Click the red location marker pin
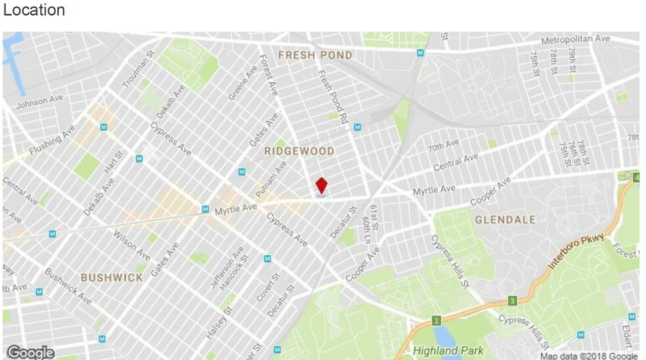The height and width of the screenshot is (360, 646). (x=321, y=185)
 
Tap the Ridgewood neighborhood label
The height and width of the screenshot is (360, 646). (x=299, y=152)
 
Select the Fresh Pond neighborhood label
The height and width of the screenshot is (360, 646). (x=315, y=55)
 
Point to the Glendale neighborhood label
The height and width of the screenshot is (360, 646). (x=506, y=219)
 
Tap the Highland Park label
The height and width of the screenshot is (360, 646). (x=448, y=351)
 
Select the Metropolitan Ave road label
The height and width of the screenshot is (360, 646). (x=575, y=40)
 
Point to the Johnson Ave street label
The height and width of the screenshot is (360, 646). (x=39, y=102)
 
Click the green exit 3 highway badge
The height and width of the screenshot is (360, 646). (x=512, y=302)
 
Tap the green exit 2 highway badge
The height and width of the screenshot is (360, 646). (x=435, y=321)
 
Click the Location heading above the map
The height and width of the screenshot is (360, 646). (x=34, y=11)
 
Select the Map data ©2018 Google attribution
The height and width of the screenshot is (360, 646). (x=588, y=355)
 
